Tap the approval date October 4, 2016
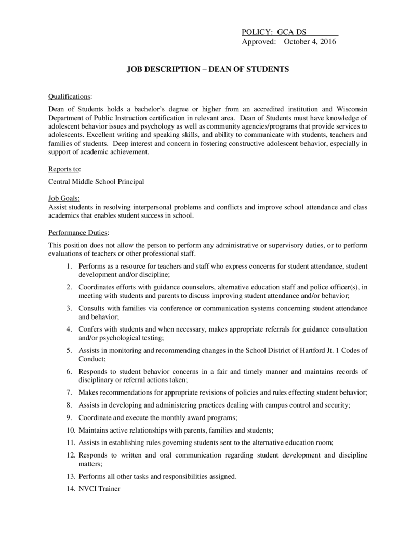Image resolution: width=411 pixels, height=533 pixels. (x=310, y=42)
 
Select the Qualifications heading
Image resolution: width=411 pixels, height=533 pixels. (x=70, y=97)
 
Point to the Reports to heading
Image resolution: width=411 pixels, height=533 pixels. (x=64, y=169)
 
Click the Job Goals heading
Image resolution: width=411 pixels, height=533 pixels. (x=64, y=198)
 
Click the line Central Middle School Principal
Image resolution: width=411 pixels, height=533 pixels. (x=96, y=182)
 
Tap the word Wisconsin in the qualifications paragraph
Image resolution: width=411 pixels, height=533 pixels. (x=352, y=109)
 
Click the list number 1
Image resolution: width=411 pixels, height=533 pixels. (x=69, y=266)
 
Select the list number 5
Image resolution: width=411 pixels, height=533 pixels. (x=69, y=350)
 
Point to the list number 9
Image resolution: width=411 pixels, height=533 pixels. (x=69, y=417)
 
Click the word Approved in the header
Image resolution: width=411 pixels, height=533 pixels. (x=258, y=42)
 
